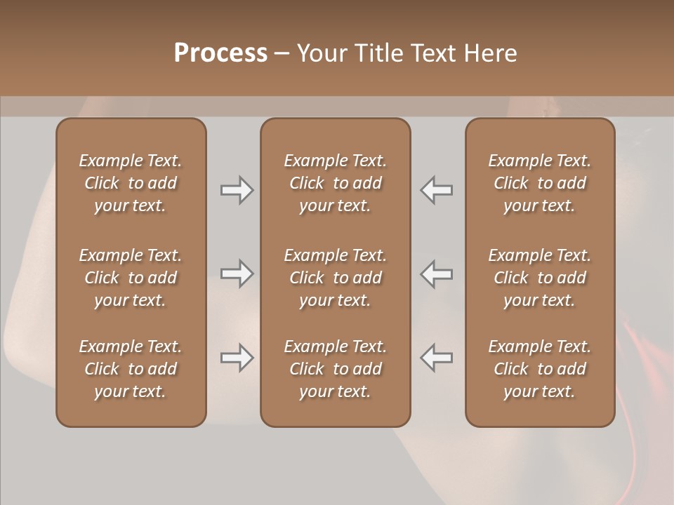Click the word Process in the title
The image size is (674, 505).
click(220, 53)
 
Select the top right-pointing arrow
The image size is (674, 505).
click(237, 190)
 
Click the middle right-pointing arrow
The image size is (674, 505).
click(237, 274)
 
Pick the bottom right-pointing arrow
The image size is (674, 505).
click(237, 358)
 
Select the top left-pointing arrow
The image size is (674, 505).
click(437, 190)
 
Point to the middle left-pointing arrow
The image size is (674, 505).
click(437, 274)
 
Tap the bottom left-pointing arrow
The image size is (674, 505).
click(437, 358)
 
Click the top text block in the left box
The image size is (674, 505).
click(131, 183)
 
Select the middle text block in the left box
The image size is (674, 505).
click(131, 278)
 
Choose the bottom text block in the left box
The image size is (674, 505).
click(131, 369)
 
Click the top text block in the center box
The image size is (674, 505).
click(335, 183)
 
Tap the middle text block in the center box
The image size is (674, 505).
click(335, 278)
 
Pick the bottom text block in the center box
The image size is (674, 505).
click(335, 369)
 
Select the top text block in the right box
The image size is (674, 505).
click(539, 183)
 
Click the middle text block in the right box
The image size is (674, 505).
click(539, 278)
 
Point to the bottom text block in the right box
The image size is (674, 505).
click(539, 369)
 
